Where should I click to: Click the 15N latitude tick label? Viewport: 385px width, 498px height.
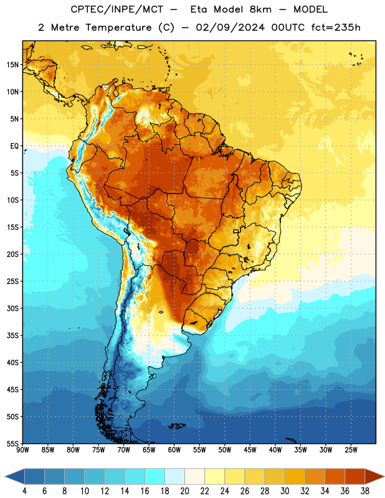(12, 65)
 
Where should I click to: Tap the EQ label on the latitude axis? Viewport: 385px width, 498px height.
(14, 146)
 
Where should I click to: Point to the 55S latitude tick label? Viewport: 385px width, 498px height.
(12, 444)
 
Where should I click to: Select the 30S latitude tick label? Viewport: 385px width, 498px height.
(12, 308)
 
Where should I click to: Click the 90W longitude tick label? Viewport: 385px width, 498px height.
(22, 449)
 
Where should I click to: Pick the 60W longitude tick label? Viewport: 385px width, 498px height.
(174, 449)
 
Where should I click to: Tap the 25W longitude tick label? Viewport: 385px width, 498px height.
(351, 449)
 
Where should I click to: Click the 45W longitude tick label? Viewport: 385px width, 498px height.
(250, 449)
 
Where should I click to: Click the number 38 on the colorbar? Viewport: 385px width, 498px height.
(365, 491)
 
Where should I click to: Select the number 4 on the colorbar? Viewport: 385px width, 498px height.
(24, 491)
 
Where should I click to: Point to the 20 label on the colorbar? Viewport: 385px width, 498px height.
(184, 491)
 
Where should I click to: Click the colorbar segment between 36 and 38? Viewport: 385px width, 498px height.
(355, 477)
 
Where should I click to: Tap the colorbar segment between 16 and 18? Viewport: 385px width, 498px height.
(154, 477)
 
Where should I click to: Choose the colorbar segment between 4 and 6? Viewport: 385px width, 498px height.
(34, 477)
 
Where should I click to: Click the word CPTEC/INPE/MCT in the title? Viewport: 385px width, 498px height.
(116, 9)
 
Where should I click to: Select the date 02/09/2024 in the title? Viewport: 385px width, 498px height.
(230, 27)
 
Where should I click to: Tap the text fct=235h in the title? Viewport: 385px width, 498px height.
(336, 27)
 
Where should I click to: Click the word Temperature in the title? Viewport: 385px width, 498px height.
(118, 28)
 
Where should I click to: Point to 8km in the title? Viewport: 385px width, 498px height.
(260, 9)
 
